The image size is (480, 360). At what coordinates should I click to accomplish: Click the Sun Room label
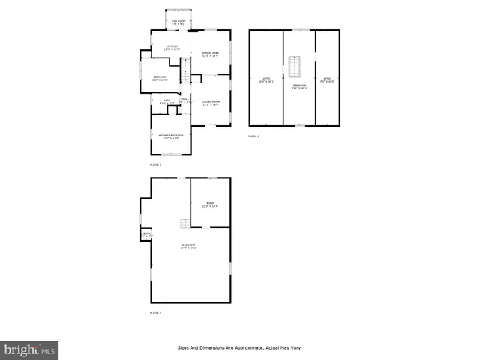(178, 21)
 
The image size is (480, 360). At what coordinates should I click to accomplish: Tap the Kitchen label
(172, 48)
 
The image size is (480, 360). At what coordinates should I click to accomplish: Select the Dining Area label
(211, 54)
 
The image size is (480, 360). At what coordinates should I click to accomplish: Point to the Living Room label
(211, 103)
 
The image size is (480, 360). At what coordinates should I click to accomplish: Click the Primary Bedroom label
(171, 136)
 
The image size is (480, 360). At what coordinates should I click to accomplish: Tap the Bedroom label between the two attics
(299, 85)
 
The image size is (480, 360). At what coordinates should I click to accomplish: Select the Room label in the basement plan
(211, 205)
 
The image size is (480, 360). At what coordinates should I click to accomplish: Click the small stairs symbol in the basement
(183, 223)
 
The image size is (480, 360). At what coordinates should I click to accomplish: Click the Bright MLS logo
(29, 350)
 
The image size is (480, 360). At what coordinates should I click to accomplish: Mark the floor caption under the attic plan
(253, 136)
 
